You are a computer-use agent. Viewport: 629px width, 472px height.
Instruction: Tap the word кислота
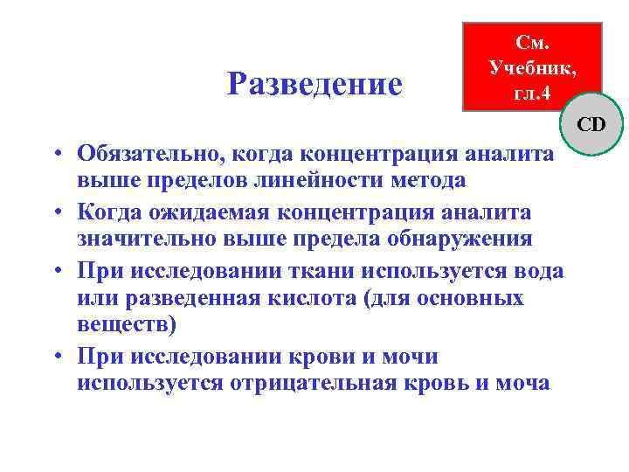[314, 298]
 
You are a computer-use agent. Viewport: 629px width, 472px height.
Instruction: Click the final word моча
[521, 383]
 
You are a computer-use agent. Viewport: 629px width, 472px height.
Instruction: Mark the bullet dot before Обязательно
[55, 155]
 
